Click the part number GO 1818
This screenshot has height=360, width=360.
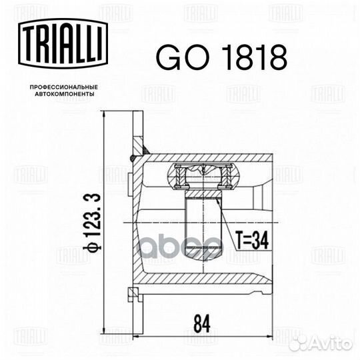point(221,58)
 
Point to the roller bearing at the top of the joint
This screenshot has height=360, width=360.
point(202,177)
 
